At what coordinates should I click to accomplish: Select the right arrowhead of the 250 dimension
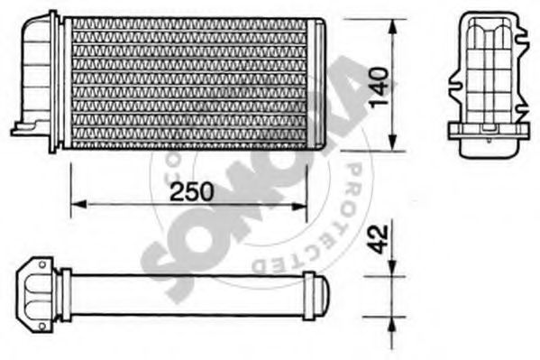299,205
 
